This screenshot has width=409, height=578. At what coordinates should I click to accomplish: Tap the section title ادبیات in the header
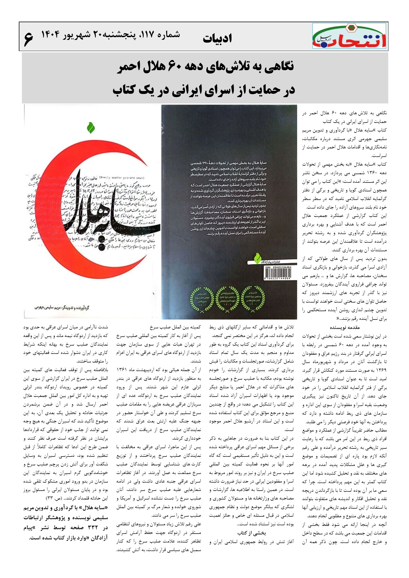point(217,39)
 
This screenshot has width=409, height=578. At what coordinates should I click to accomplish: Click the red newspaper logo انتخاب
point(349,36)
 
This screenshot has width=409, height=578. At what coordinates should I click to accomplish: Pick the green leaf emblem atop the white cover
point(91,127)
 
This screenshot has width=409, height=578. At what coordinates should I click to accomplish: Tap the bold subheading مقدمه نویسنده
point(344,327)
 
